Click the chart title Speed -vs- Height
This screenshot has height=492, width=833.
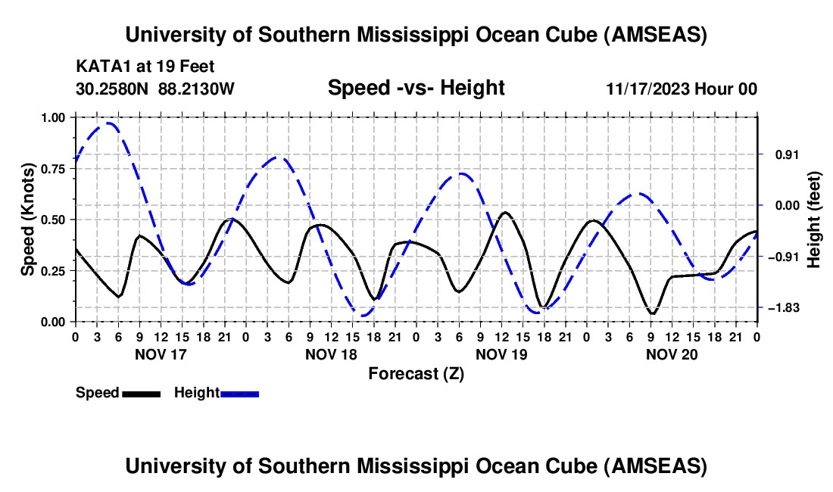416,89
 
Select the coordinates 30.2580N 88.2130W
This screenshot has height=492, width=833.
155,89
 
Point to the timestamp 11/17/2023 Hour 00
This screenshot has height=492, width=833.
682,89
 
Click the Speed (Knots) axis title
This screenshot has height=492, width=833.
28,220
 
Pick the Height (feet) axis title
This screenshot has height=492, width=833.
814,220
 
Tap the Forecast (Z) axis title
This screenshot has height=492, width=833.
416,373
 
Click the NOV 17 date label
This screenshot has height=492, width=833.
160,354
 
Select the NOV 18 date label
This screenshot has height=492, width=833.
330,354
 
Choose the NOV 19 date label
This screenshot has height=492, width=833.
501,354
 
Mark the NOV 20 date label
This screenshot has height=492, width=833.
672,354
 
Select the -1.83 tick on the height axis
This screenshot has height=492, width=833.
784,308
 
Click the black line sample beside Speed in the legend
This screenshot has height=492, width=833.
141,394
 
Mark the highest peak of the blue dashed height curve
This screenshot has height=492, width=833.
110,123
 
